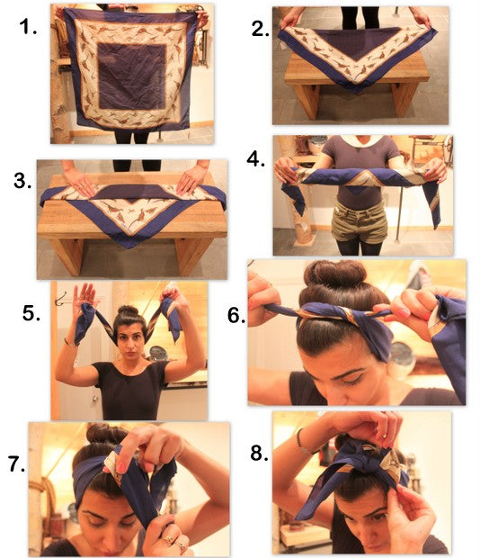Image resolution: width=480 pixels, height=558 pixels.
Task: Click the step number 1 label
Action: click(x=28, y=27)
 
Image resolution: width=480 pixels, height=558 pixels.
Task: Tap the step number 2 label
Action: click(x=260, y=29)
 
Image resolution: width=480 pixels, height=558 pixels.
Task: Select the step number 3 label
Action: click(x=22, y=180)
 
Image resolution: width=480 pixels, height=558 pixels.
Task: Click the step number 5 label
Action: click(x=31, y=313)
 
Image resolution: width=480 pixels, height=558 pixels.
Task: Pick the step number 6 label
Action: click(x=236, y=315)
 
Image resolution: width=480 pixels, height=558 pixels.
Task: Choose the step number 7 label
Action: click(x=17, y=464)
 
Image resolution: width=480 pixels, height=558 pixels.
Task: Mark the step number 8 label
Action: click(x=260, y=453)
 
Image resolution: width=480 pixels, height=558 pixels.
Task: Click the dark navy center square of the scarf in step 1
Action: click(x=132, y=76)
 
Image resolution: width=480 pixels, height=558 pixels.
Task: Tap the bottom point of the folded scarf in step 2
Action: click(x=356, y=92)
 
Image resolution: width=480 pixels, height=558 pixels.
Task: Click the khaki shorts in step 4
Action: click(x=360, y=222)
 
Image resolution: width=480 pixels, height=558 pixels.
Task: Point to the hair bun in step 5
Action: click(x=128, y=310)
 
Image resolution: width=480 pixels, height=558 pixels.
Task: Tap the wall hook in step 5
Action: click(x=60, y=300)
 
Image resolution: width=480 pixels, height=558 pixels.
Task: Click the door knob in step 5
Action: click(x=95, y=399)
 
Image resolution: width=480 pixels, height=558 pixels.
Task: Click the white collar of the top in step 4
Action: click(x=360, y=140)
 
